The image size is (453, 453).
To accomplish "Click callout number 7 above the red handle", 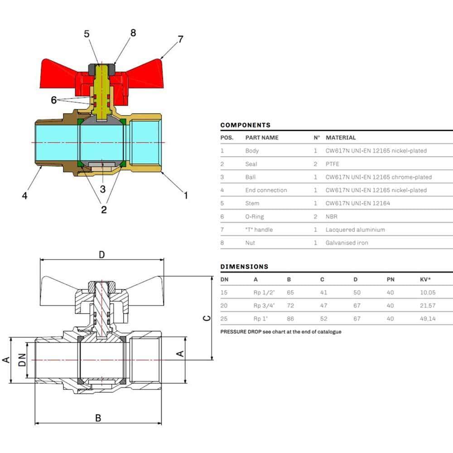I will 181,39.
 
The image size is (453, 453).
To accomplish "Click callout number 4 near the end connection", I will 25,196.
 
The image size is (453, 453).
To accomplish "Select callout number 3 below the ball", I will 103,189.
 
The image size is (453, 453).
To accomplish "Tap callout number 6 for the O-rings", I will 54,100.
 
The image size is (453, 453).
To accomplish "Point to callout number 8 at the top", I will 133,33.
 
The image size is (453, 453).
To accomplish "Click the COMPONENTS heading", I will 245,125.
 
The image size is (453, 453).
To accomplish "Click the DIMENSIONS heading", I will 244,266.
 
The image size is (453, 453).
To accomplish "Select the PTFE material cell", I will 332,164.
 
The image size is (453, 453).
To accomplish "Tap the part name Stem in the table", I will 252,203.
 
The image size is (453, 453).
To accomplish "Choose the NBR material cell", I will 331,217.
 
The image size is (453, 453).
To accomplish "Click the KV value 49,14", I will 428,318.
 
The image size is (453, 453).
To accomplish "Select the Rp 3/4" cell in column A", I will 265,305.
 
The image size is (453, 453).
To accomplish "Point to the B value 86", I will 291,318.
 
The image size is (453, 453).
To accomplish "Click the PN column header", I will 390,279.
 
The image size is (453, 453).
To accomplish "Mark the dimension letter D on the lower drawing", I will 102,255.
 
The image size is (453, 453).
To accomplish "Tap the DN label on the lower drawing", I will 21,361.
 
